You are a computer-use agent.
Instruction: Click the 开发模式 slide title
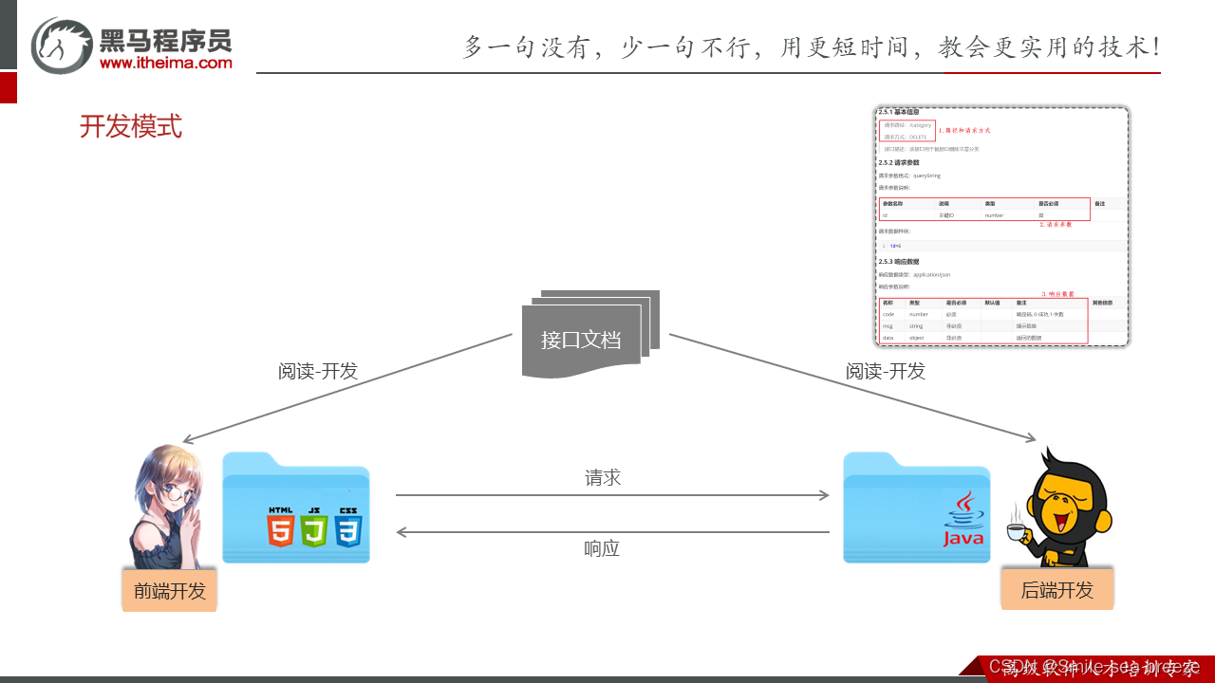[x=131, y=126]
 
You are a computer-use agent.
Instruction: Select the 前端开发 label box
[x=170, y=590]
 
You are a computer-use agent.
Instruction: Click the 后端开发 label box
[x=1056, y=589]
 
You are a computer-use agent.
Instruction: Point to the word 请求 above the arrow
[x=603, y=477]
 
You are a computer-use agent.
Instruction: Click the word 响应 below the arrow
[x=602, y=548]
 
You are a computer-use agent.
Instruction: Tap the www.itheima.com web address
[x=165, y=63]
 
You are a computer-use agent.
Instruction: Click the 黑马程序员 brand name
[x=165, y=40]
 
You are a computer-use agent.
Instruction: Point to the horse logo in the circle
[x=62, y=46]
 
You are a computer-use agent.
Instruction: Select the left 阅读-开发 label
[x=318, y=371]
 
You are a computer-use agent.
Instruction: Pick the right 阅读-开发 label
[x=886, y=371]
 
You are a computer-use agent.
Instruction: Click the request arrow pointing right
[x=612, y=495]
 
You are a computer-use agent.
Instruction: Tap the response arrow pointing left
[x=612, y=532]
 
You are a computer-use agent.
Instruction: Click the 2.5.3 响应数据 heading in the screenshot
[x=899, y=261]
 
